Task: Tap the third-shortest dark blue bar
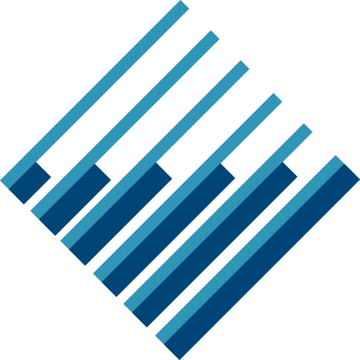[x=120, y=214]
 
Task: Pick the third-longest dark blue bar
[x=168, y=230]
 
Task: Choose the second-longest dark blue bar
[x=214, y=244]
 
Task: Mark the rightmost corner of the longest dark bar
[x=358, y=180]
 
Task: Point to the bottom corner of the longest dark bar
[x=180, y=358]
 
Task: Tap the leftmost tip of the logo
[x=1, y=180]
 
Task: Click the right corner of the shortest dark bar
[x=50, y=176]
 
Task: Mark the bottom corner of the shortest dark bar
[x=24, y=203]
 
